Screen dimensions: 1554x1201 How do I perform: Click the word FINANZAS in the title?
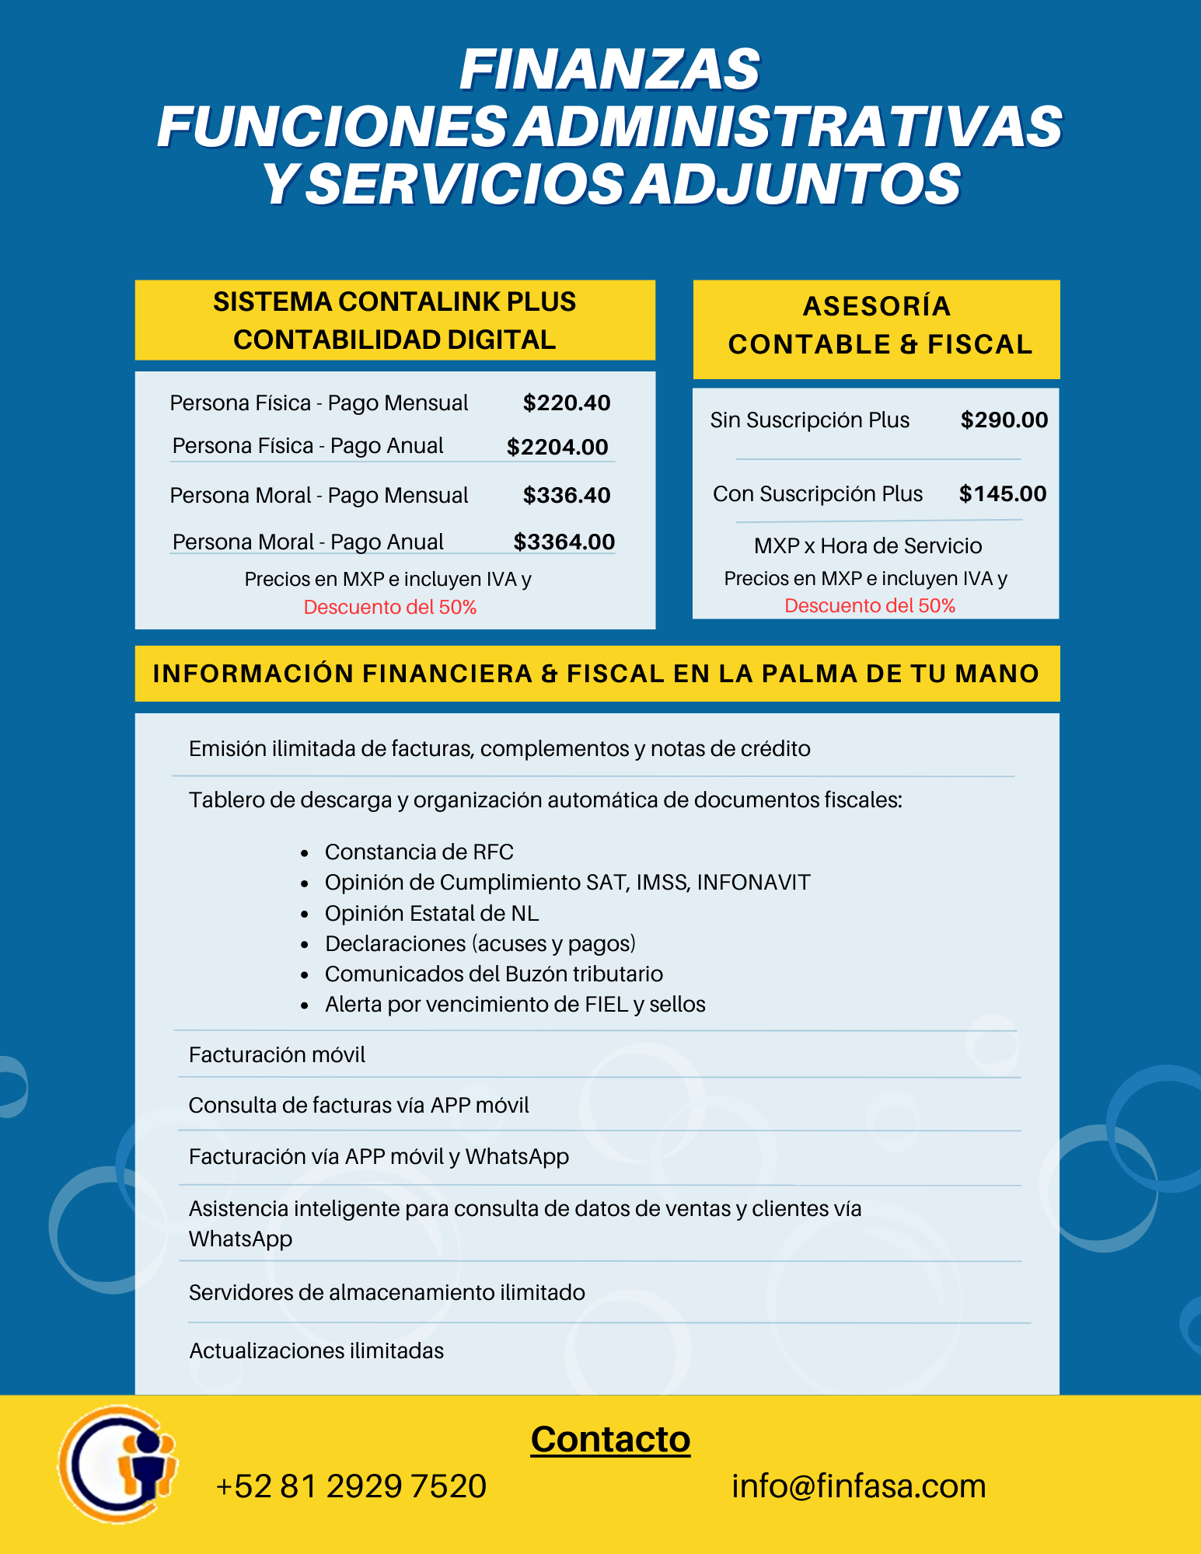click(x=609, y=70)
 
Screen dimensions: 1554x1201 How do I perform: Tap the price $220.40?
click(x=567, y=402)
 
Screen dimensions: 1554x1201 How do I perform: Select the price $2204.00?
click(x=557, y=447)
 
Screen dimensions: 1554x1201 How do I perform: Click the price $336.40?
click(x=567, y=495)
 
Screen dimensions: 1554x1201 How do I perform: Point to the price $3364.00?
click(x=564, y=542)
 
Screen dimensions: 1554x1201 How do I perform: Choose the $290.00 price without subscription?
click(x=1004, y=420)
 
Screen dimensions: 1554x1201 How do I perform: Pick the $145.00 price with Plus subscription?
click(x=1003, y=493)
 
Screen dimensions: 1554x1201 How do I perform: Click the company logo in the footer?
click(x=118, y=1464)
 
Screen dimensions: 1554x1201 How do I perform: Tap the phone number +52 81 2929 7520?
click(x=351, y=1486)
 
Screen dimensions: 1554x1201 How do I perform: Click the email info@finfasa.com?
click(x=858, y=1486)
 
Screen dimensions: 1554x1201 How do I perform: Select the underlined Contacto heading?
click(x=610, y=1439)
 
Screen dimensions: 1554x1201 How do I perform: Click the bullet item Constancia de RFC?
click(x=419, y=852)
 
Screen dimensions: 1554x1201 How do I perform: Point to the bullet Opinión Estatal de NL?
click(x=431, y=913)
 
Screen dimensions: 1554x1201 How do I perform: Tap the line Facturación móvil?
click(x=277, y=1054)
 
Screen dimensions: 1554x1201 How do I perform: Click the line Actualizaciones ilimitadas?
click(x=316, y=1350)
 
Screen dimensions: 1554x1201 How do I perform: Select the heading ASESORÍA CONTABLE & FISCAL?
click(x=877, y=326)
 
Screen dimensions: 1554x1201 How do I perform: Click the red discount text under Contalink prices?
click(x=390, y=607)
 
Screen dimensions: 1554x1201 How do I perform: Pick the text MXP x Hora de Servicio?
click(x=868, y=545)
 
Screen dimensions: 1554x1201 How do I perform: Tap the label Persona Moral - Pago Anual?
click(x=308, y=542)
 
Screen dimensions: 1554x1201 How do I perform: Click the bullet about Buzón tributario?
click(x=494, y=974)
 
